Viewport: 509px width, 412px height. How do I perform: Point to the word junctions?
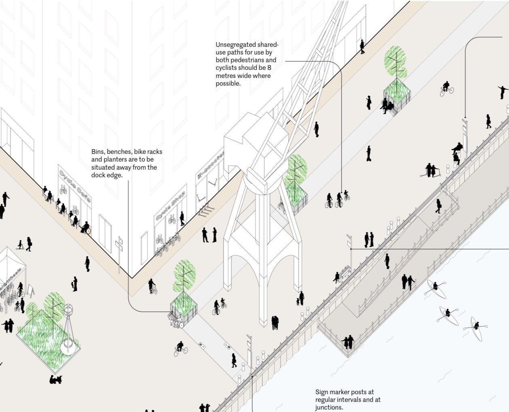click(x=329, y=407)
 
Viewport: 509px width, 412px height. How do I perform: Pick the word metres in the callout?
click(x=226, y=76)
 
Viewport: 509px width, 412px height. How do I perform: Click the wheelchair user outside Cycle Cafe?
click(x=86, y=228)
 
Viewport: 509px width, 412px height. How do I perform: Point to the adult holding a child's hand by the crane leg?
click(x=300, y=298)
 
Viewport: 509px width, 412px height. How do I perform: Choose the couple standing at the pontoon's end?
click(x=348, y=342)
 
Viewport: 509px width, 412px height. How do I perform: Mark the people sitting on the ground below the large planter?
click(x=55, y=379)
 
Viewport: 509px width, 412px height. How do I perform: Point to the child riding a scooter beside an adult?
click(x=19, y=244)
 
